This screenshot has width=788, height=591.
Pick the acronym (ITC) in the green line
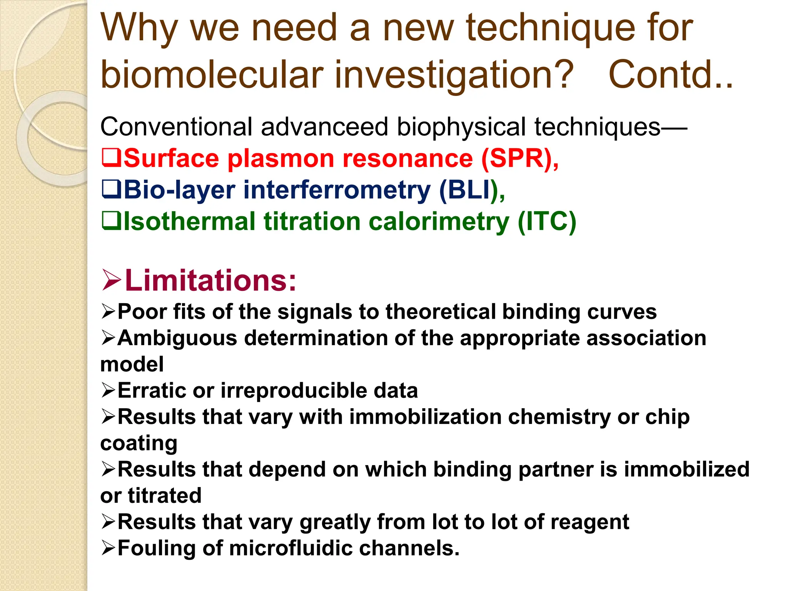click(546, 222)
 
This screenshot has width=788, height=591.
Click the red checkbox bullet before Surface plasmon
click(112, 158)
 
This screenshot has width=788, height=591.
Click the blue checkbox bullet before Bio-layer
click(112, 190)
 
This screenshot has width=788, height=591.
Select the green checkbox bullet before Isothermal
click(112, 221)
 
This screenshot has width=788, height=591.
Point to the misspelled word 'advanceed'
click(324, 127)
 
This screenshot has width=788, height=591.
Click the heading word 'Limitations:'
click(211, 280)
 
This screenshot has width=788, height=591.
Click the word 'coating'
click(139, 444)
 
